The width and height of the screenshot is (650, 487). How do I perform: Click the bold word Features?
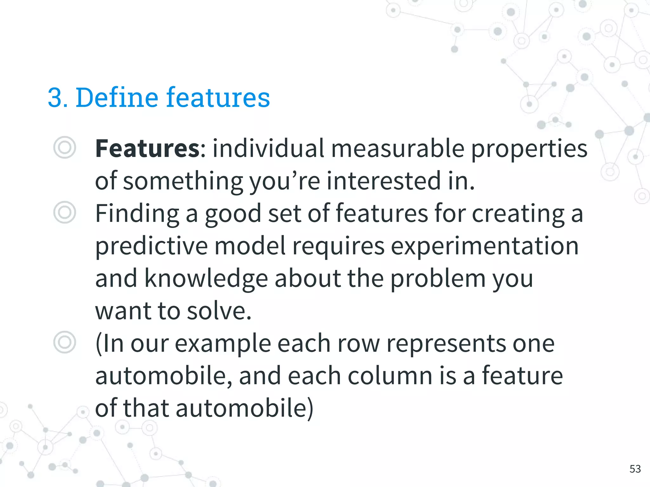(x=148, y=148)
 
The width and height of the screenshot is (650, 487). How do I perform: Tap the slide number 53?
(x=635, y=469)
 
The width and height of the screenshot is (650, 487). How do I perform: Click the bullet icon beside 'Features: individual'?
(x=65, y=148)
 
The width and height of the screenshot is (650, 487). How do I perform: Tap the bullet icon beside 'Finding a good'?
(x=65, y=212)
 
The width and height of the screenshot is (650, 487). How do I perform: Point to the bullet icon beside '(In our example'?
(x=65, y=342)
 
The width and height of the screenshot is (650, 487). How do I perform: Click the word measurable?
(x=398, y=148)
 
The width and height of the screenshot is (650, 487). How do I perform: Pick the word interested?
(x=384, y=181)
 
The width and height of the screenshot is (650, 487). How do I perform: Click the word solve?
(x=219, y=311)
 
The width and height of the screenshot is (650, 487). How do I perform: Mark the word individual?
(x=269, y=148)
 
